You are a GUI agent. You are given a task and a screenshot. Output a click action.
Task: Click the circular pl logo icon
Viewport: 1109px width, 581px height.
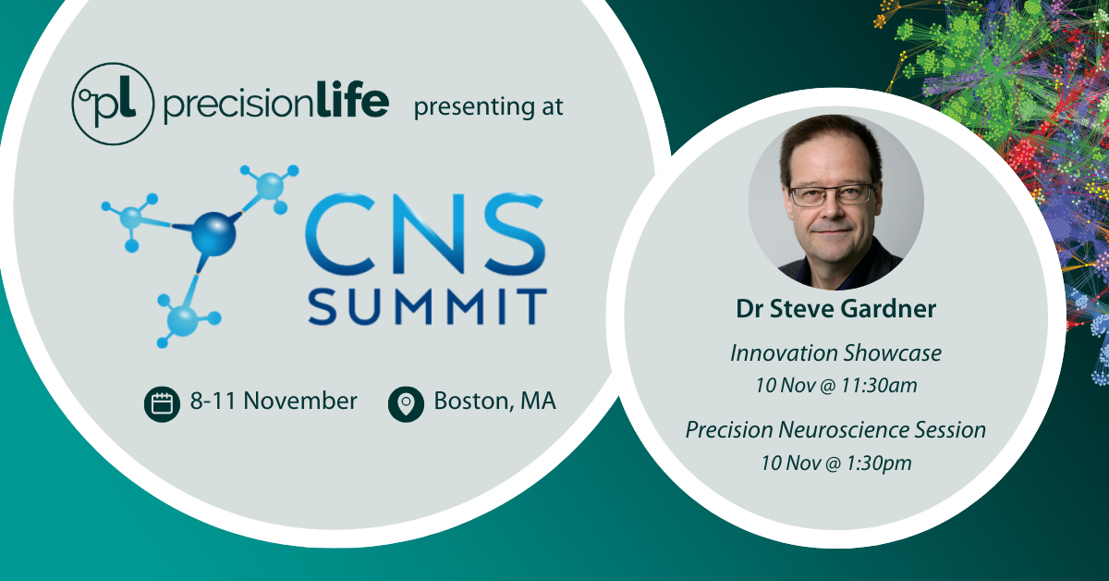pos(111,104)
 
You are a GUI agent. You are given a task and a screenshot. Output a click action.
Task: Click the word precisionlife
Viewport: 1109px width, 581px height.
pos(275,105)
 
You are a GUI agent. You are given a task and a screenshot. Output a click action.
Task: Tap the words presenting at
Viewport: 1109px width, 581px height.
pos(488,105)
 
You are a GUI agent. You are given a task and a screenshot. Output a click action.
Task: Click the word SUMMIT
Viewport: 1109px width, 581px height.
pos(426,305)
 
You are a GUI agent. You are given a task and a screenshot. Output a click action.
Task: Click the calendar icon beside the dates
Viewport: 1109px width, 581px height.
pos(162,403)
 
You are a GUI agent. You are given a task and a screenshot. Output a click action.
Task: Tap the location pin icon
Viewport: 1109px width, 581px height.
pos(405,403)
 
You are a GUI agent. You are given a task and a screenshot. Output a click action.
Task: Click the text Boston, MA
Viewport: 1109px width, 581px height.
pos(494,402)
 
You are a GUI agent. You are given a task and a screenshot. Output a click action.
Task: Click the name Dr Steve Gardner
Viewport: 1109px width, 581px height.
pos(835,310)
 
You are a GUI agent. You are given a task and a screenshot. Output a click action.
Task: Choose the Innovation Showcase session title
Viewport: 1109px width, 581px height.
pos(835,352)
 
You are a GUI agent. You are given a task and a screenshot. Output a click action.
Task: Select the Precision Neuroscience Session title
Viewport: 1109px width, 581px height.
pos(835,429)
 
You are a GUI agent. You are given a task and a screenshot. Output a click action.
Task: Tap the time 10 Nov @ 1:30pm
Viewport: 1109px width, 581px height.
pos(835,463)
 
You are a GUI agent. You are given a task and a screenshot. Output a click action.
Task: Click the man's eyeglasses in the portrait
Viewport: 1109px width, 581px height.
pos(832,194)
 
